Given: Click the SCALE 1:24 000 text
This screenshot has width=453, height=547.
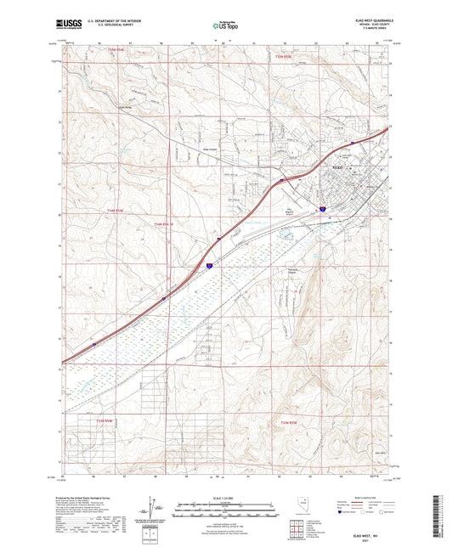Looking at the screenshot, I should coord(225,498).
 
